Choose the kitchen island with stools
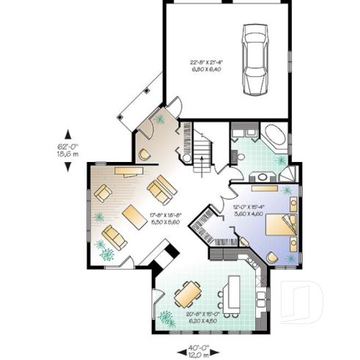pyautogui.click(x=233, y=292)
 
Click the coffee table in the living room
pyautogui.click(x=133, y=216)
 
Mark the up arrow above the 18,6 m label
pyautogui.click(x=69, y=133)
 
